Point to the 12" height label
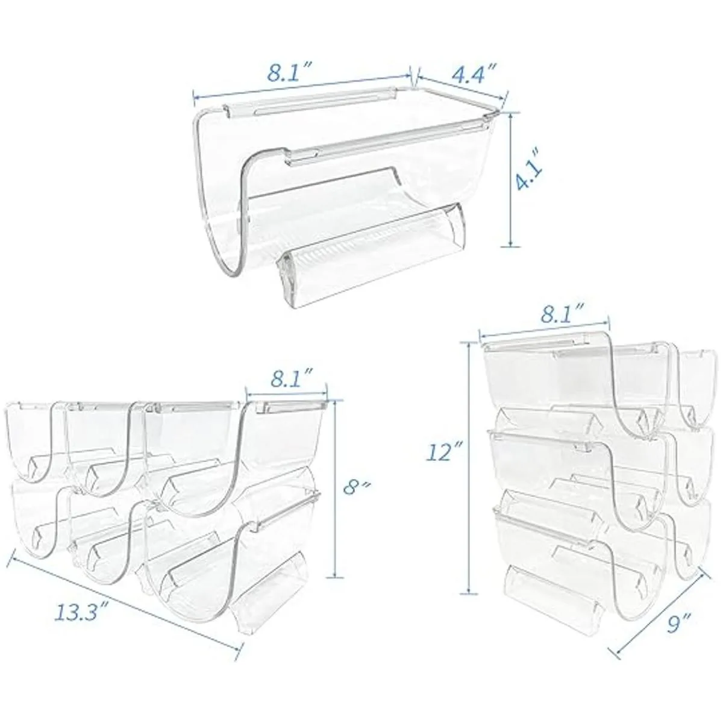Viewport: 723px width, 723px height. click(442, 454)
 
